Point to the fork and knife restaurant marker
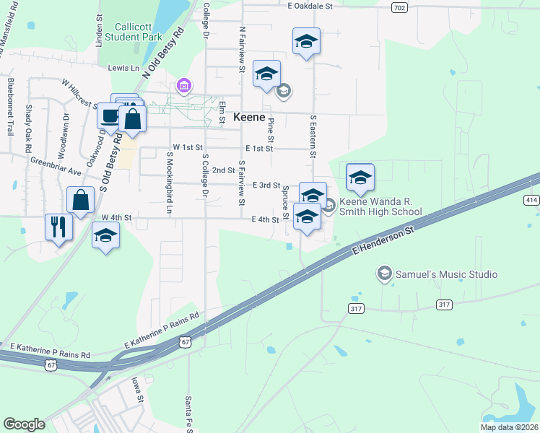tap(58, 227)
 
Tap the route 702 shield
tap(399, 7)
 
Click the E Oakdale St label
tap(309, 6)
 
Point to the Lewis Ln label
tap(123, 68)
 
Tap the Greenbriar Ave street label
tap(56, 166)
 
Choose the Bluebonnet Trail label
tap(10, 108)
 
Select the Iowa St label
tap(136, 390)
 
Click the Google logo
tap(24, 424)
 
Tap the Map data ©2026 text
tap(509, 427)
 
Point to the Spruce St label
tap(285, 198)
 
